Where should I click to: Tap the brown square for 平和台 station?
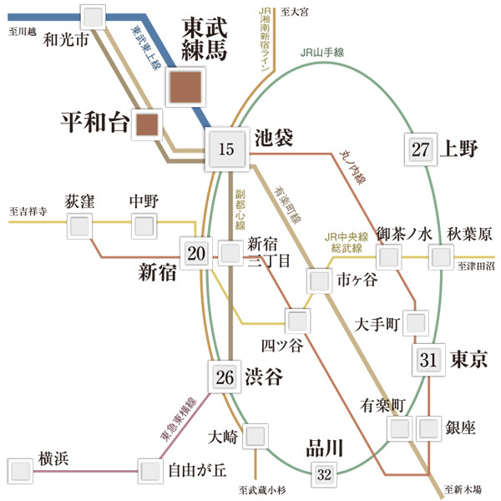[147, 125]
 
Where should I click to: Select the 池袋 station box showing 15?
[226, 150]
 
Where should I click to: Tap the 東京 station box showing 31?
[428, 360]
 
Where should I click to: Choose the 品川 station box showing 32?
[325, 475]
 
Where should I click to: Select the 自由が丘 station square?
[149, 471]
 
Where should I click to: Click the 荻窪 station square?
[79, 225]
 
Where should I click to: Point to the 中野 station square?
[144, 225]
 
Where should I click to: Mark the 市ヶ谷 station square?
[320, 281]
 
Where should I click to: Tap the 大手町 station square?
[415, 321]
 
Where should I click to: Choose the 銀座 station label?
[459, 428]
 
